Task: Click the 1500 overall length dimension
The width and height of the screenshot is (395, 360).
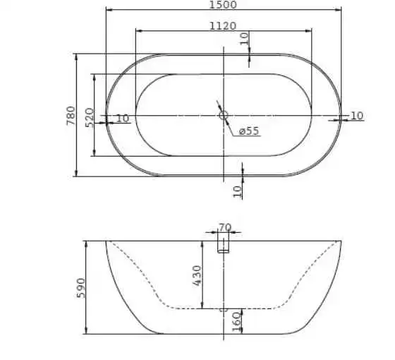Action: click(223, 5)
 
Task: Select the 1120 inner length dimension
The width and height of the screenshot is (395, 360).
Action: click(223, 26)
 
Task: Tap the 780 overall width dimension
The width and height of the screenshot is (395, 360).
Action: click(71, 116)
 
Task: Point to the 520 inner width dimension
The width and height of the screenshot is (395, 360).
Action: click(89, 117)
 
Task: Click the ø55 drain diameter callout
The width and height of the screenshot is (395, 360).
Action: click(249, 131)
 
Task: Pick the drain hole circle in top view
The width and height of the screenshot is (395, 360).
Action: click(224, 116)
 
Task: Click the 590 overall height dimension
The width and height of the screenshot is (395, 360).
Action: click(81, 288)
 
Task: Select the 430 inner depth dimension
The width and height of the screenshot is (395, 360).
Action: click(197, 275)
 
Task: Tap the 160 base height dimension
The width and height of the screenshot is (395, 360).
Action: click(236, 322)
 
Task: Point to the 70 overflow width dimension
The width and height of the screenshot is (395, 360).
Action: click(225, 227)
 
